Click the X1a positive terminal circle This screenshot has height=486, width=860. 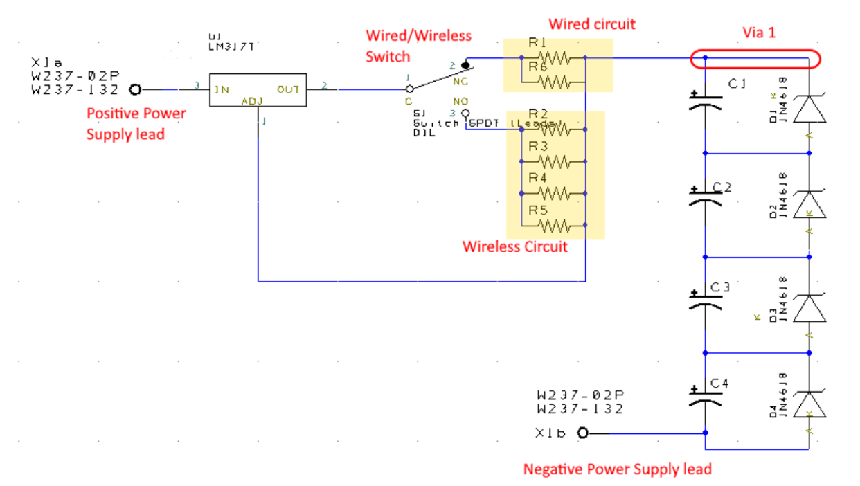pyautogui.click(x=136, y=89)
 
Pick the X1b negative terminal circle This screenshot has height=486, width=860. pyautogui.click(x=582, y=433)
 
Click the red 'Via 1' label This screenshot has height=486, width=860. pyautogui.click(x=759, y=32)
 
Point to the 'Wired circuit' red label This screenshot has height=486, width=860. pyautogui.click(x=592, y=24)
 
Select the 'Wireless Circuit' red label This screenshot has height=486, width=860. pyautogui.click(x=514, y=246)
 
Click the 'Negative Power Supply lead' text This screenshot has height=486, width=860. pyautogui.click(x=617, y=469)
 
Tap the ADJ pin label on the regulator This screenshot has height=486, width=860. pyautogui.click(x=249, y=101)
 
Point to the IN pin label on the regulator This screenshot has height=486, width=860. pyautogui.click(x=222, y=89)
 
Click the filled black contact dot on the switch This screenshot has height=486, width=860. pyautogui.click(x=466, y=66)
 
